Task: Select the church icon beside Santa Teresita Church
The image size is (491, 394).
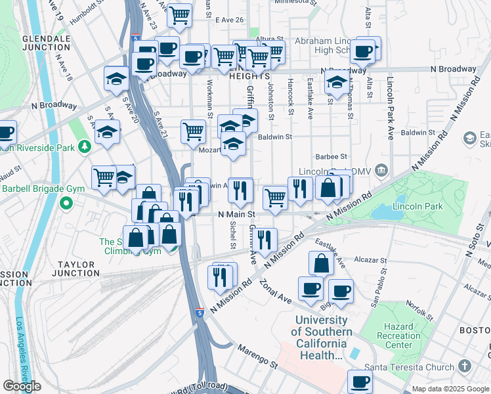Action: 465,366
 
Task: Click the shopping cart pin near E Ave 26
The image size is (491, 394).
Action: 179,15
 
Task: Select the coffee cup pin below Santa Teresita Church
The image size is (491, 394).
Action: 359,381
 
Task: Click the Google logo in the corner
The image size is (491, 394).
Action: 22,386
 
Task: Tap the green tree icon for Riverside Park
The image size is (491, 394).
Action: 84,146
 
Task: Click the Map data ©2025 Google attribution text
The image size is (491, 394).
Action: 450,389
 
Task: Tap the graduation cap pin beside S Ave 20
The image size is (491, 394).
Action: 107,132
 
